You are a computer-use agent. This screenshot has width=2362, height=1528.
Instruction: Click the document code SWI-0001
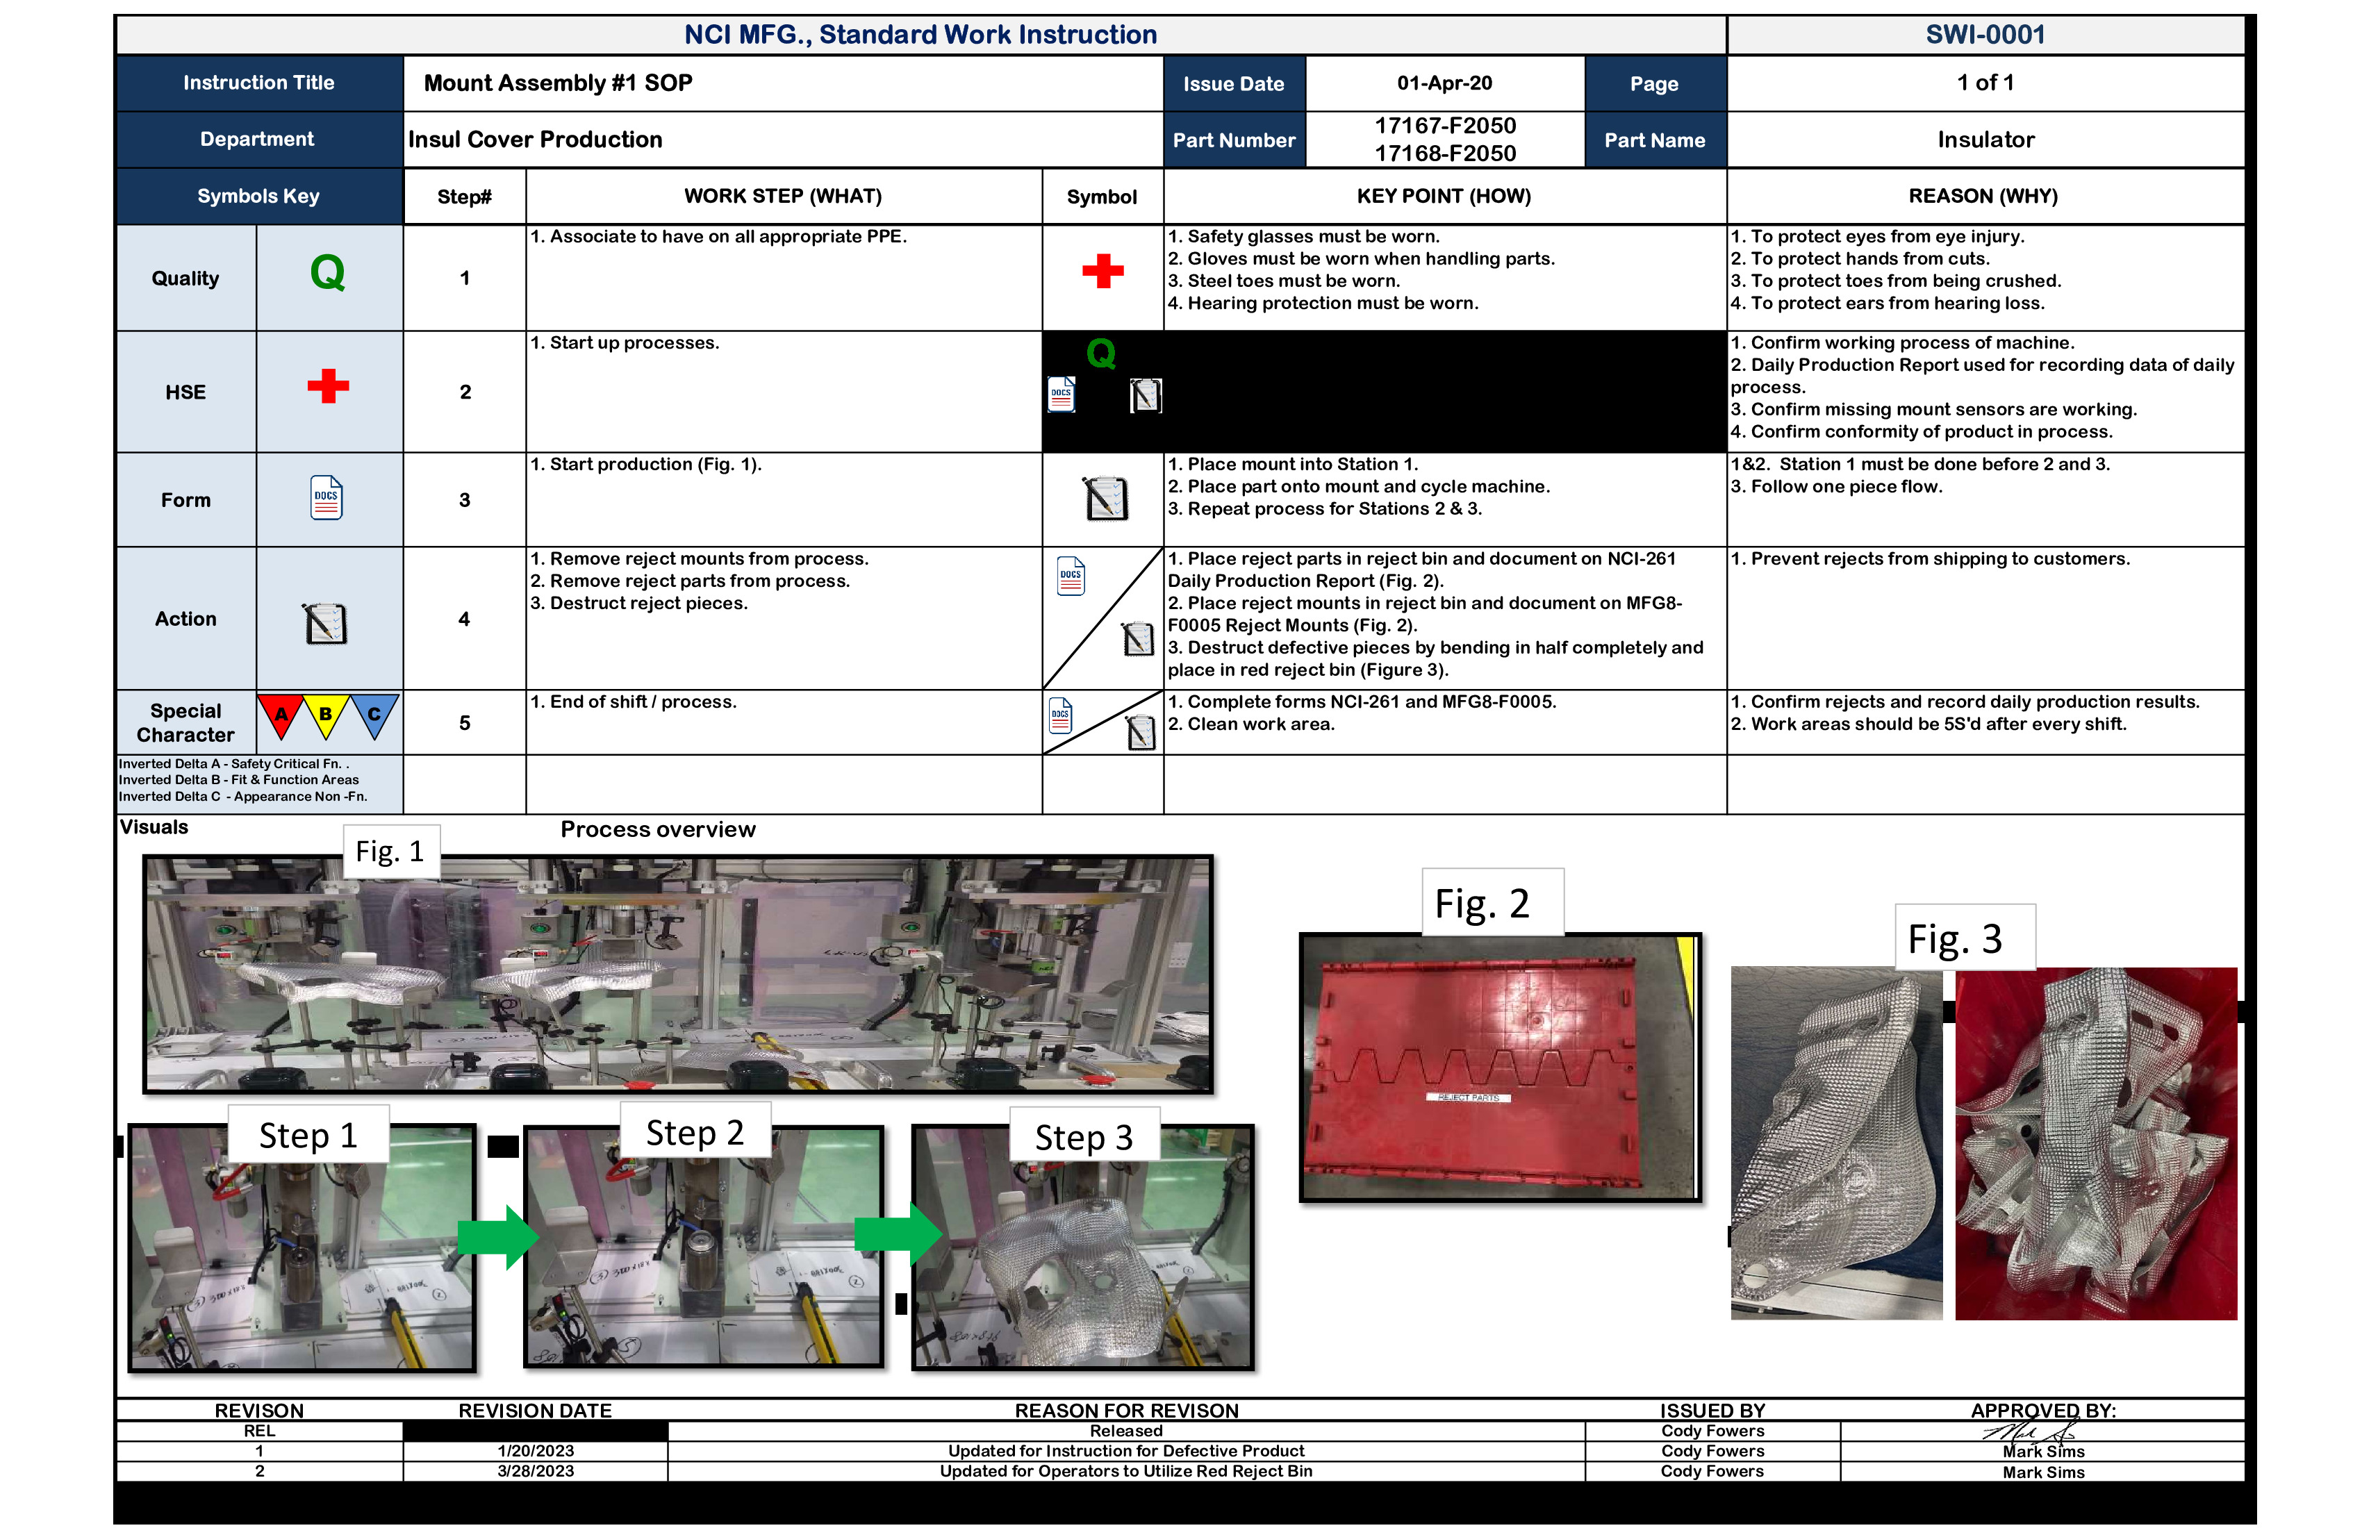[x=1985, y=35]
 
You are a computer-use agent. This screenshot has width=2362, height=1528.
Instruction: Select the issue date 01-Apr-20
[x=1444, y=83]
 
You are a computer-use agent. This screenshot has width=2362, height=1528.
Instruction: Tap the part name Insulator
[x=1985, y=140]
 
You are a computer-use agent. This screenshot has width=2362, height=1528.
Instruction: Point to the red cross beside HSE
[x=327, y=386]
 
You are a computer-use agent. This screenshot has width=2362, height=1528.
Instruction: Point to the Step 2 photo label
[x=695, y=1132]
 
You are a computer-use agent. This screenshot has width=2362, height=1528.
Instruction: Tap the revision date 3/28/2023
[x=535, y=1472]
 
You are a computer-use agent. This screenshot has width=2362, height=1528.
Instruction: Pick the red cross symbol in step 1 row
[x=1102, y=270]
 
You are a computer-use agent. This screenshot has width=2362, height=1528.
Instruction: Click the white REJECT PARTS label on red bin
[x=1469, y=1097]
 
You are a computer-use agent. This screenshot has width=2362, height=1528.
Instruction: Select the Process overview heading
[x=657, y=829]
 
